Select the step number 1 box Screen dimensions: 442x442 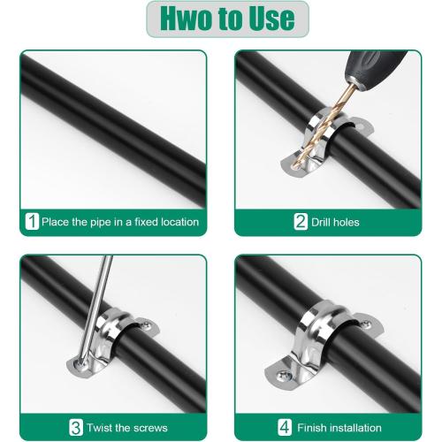33,222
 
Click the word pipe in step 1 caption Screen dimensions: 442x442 97,222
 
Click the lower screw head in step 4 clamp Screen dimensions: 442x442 281,386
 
